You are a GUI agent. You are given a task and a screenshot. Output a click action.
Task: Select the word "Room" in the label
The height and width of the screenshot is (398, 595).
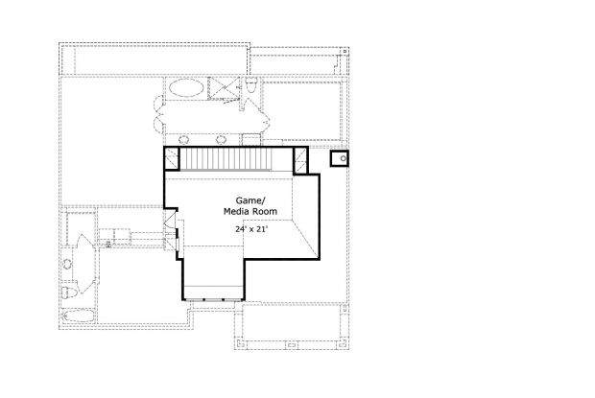[265, 211]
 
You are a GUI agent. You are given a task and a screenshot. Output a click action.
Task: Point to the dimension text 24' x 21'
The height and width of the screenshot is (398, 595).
[251, 229]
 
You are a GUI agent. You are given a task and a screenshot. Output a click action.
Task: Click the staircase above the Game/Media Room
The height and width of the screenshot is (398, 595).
[226, 159]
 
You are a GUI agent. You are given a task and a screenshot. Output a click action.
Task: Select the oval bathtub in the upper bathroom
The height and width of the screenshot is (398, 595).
[186, 88]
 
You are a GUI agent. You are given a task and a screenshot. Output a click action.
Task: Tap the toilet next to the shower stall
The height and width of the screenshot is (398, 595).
[251, 84]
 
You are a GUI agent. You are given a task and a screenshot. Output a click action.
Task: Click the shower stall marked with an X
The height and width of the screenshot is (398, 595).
[224, 88]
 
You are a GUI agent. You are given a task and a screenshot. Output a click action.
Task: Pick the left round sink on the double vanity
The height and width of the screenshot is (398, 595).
[184, 140]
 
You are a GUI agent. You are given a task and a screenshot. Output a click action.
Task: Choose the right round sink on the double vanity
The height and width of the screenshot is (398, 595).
[221, 140]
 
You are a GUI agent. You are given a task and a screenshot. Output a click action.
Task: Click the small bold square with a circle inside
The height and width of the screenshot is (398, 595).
[339, 158]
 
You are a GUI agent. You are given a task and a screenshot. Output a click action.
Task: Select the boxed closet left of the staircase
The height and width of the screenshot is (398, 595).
[172, 158]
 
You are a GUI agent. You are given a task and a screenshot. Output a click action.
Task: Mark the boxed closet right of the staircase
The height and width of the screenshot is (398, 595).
[300, 161]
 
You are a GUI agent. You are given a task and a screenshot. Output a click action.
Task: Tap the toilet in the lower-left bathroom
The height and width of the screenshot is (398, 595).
[69, 293]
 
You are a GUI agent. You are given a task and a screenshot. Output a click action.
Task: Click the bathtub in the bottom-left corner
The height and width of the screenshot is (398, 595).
[79, 316]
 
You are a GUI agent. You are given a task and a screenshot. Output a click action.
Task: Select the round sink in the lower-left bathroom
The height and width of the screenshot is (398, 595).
[67, 264]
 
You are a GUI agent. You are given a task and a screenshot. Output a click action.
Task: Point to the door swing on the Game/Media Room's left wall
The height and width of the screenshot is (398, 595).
[169, 219]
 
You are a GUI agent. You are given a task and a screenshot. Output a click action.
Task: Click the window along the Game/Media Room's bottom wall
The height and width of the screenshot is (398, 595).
[213, 300]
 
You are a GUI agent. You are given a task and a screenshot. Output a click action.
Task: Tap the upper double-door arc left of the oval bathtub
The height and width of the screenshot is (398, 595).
[158, 104]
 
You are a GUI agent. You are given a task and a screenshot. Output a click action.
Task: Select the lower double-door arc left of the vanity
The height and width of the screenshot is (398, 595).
[158, 124]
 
